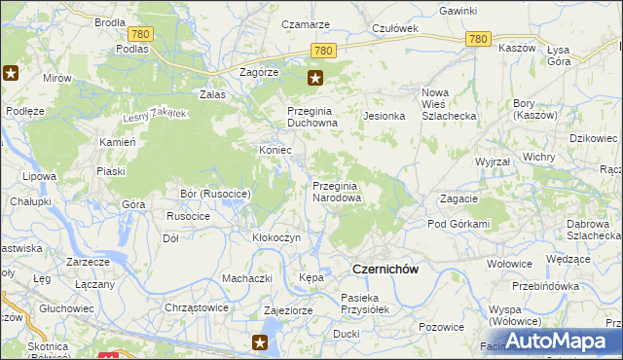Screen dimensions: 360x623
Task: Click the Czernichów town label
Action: click(385, 270)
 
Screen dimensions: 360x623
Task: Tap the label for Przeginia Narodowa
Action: click(337, 192)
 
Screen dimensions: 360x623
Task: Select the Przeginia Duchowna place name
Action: click(312, 118)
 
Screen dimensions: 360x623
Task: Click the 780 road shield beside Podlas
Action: click(140, 34)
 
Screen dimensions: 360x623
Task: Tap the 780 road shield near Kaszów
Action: click(477, 39)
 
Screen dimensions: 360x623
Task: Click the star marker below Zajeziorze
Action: click(260, 342)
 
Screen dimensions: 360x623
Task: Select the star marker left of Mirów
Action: click(12, 72)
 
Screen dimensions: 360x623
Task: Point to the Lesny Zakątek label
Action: click(153, 115)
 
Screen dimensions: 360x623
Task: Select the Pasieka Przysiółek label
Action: click(365, 304)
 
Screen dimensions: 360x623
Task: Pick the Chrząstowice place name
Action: click(197, 307)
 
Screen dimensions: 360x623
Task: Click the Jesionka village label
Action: click(384, 116)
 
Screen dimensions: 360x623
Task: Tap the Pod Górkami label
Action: click(458, 224)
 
